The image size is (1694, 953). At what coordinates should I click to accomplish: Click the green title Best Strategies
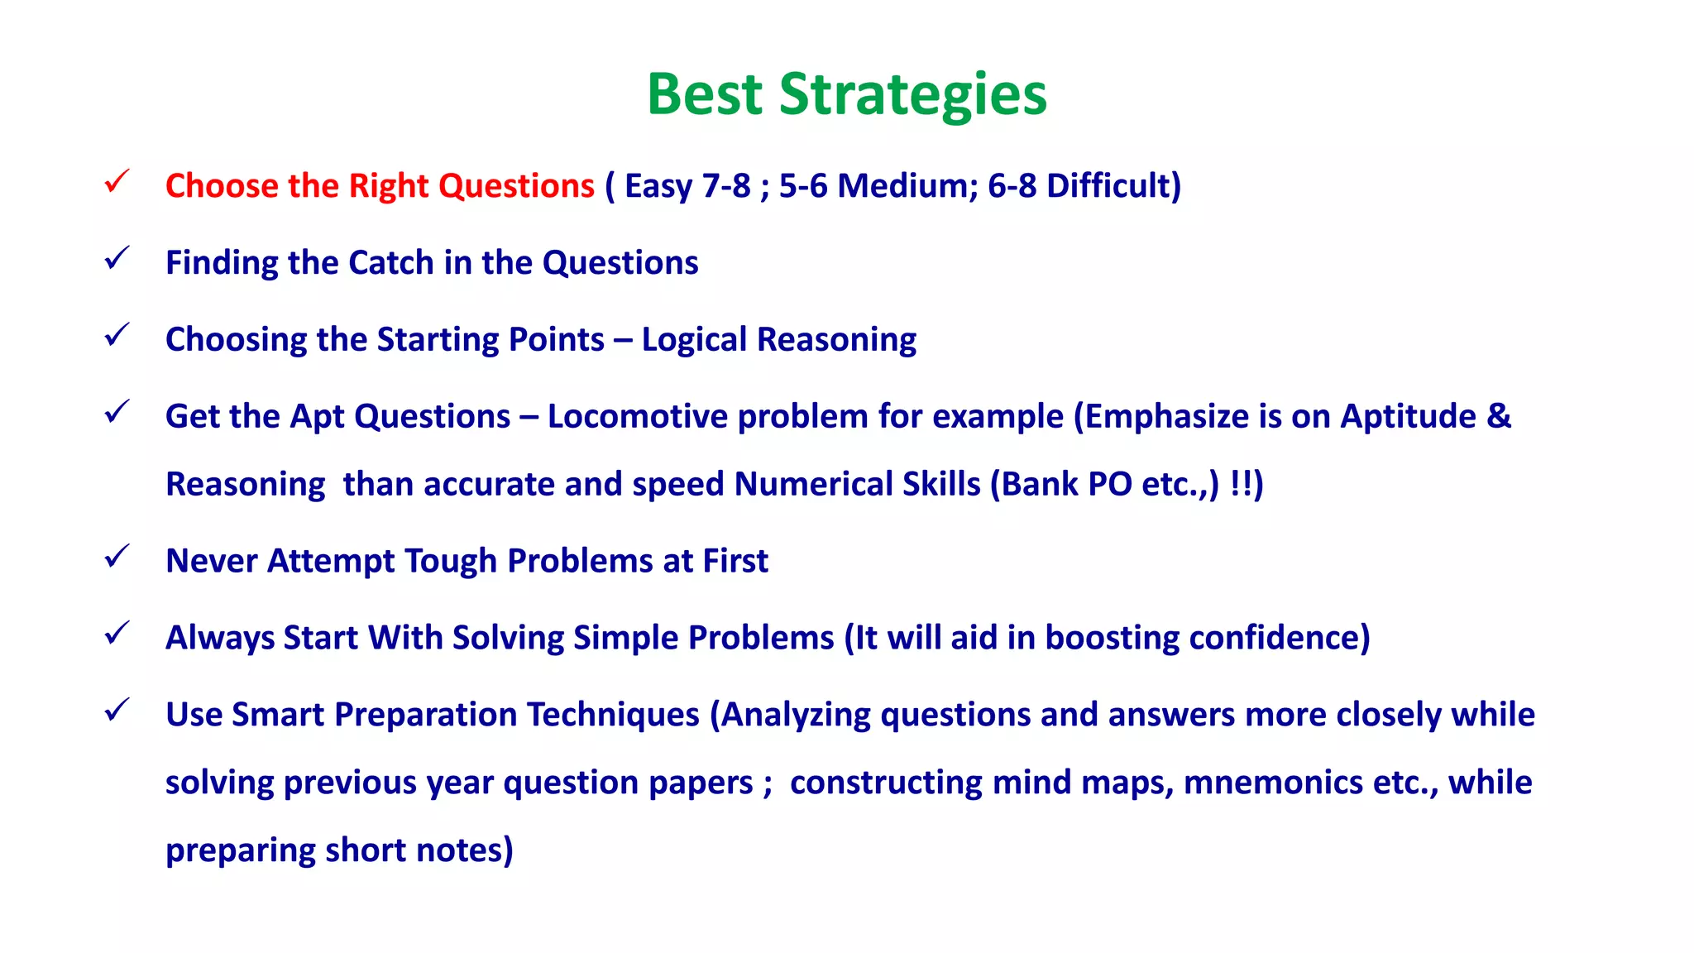(x=846, y=94)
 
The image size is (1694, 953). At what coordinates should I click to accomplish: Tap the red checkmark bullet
(x=117, y=181)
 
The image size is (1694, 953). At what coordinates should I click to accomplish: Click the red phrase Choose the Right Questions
(x=380, y=185)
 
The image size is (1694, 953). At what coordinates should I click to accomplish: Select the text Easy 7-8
(x=687, y=185)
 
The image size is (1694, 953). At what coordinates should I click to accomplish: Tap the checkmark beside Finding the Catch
(x=117, y=258)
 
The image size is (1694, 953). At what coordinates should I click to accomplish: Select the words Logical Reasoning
(x=778, y=339)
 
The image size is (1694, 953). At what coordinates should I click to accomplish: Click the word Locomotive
(x=637, y=416)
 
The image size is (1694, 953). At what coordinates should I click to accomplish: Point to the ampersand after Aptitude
(x=1499, y=416)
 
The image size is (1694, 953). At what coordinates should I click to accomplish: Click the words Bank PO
(x=1066, y=484)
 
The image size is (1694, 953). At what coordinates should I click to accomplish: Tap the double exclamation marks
(x=1241, y=484)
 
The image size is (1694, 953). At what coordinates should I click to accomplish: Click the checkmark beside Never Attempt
(x=117, y=557)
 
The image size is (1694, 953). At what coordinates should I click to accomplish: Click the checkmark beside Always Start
(x=117, y=634)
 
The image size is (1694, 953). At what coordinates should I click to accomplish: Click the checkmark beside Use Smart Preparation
(x=117, y=711)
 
